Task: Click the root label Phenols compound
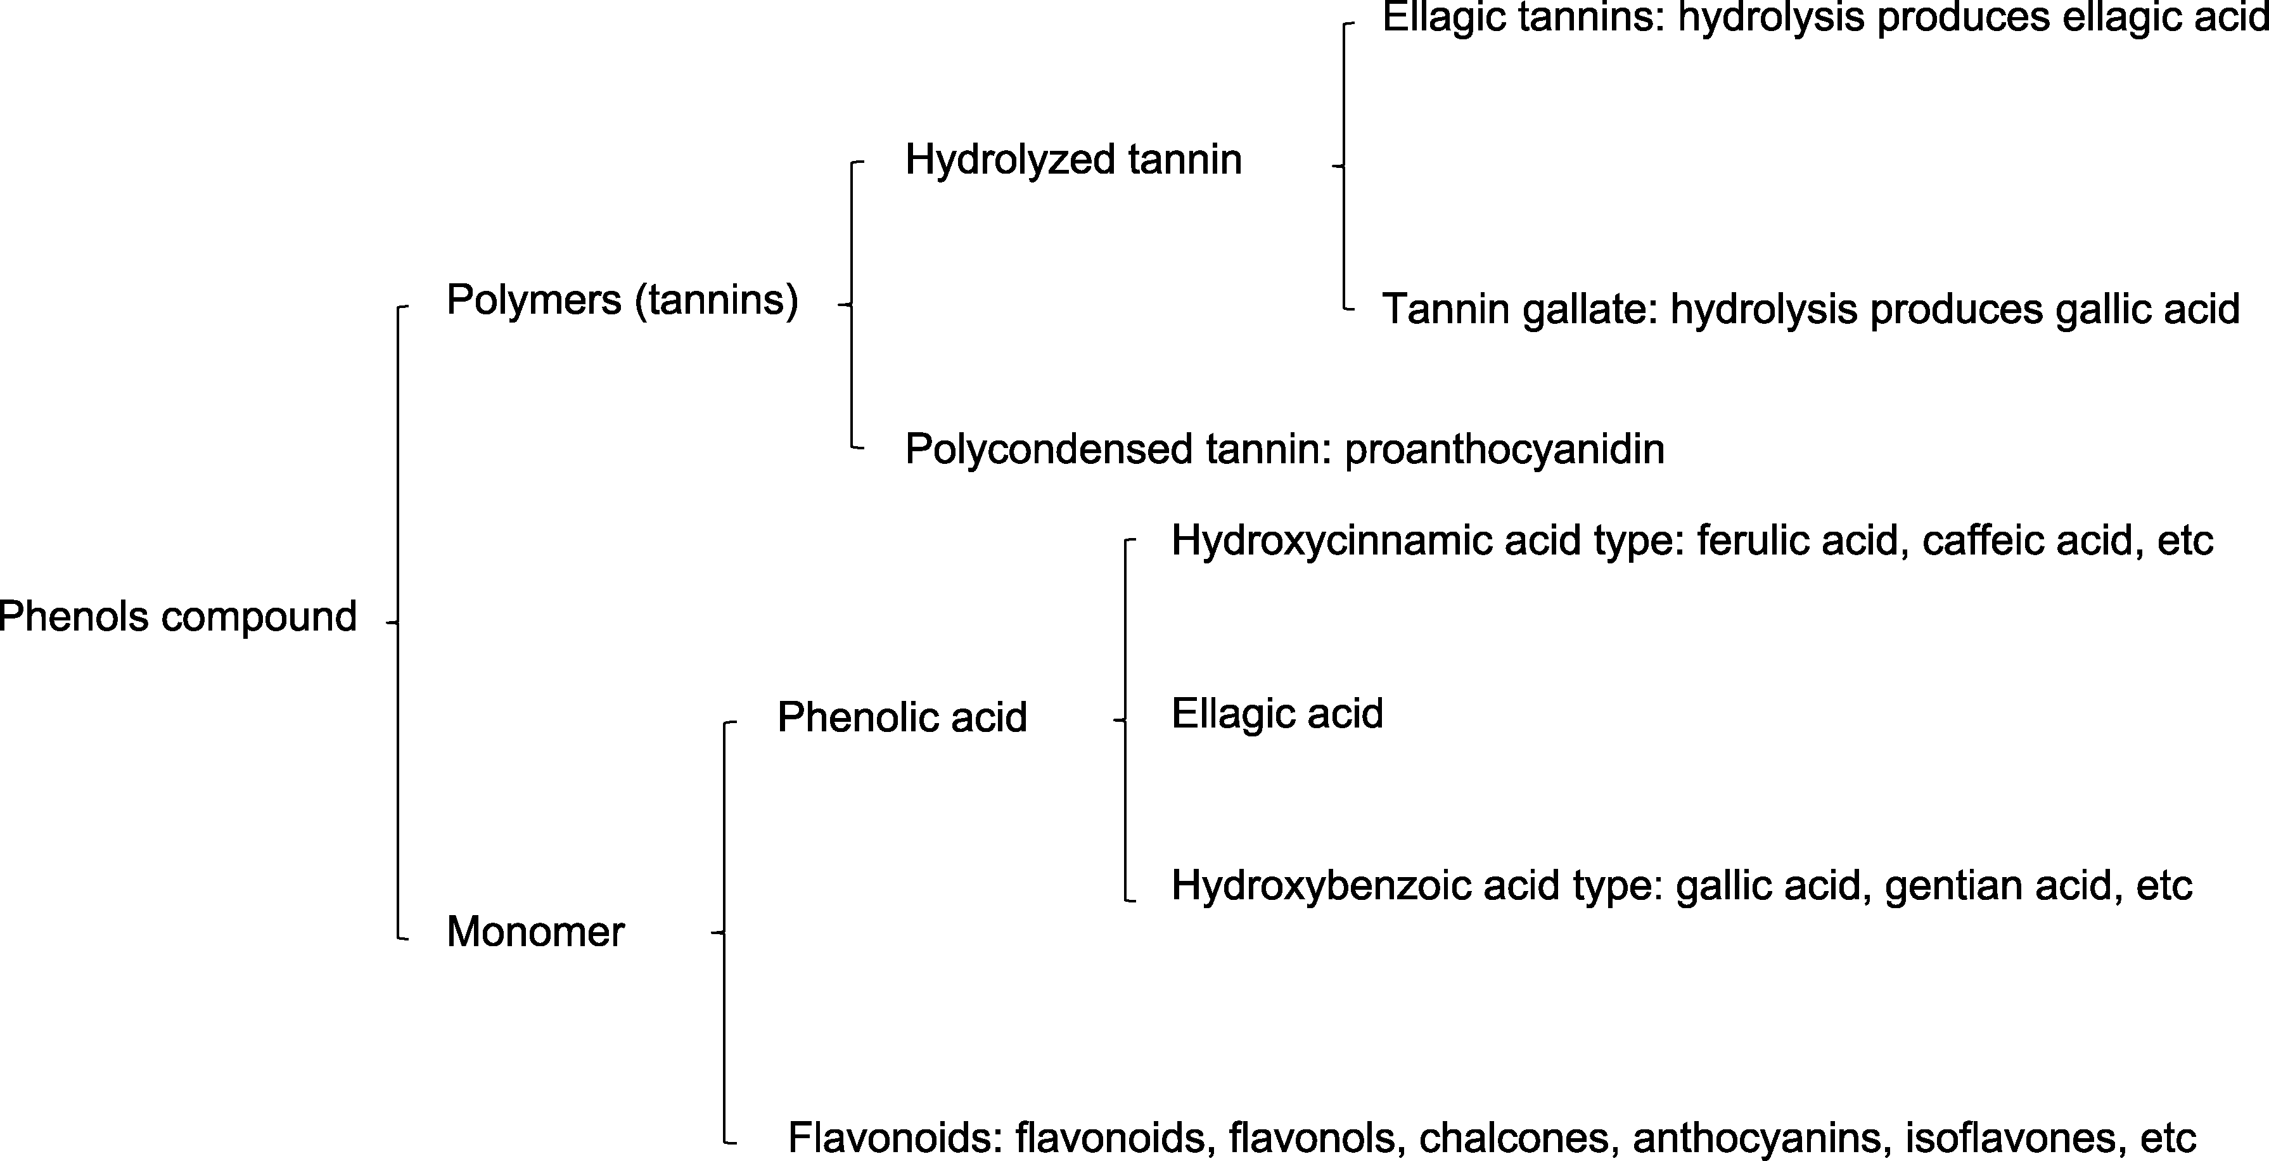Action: click(x=178, y=617)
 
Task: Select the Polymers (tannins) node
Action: click(x=622, y=300)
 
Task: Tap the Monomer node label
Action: click(x=535, y=932)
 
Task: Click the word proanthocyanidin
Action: click(x=1504, y=450)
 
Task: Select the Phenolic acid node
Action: click(x=902, y=717)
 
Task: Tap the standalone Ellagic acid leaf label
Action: click(x=1277, y=714)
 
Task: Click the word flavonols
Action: click(x=1312, y=1138)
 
